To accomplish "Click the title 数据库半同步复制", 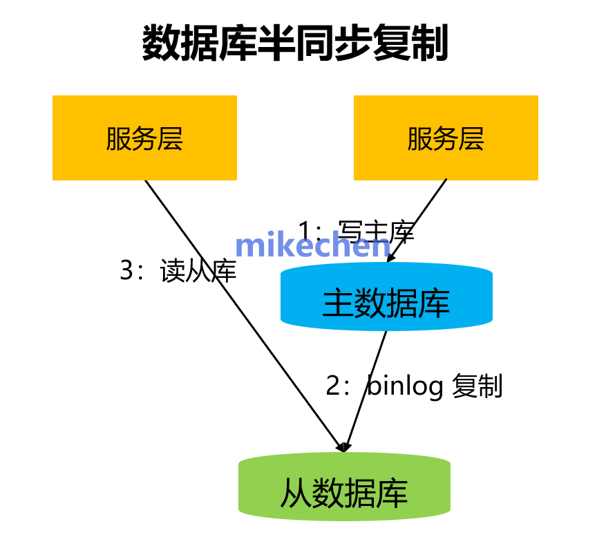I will [x=296, y=44].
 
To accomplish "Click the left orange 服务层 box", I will [x=144, y=138].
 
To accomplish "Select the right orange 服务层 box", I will [x=446, y=138].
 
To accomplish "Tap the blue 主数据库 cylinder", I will [x=386, y=302].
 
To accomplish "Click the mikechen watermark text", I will [x=312, y=246].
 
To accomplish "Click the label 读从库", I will [x=198, y=271].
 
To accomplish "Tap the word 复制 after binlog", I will [x=477, y=386].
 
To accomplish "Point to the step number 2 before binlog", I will [x=333, y=386].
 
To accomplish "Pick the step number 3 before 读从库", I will [x=126, y=271].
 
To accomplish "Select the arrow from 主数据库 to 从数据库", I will [x=366, y=391].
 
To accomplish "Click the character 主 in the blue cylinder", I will [x=337, y=302].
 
